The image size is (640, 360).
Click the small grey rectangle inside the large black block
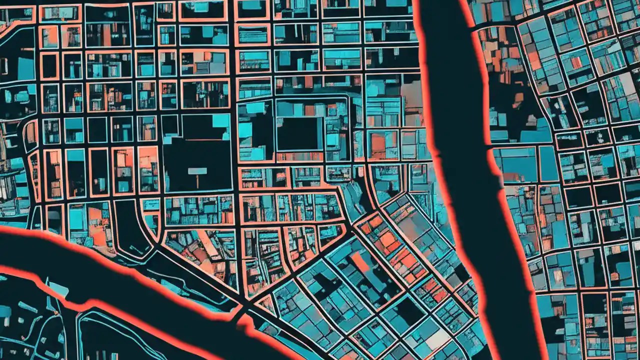(197, 171)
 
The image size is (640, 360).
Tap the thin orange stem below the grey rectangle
(197, 180)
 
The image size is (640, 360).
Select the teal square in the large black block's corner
(220, 121)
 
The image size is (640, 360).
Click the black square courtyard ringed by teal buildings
(299, 134)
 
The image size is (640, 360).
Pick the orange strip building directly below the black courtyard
(299, 156)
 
